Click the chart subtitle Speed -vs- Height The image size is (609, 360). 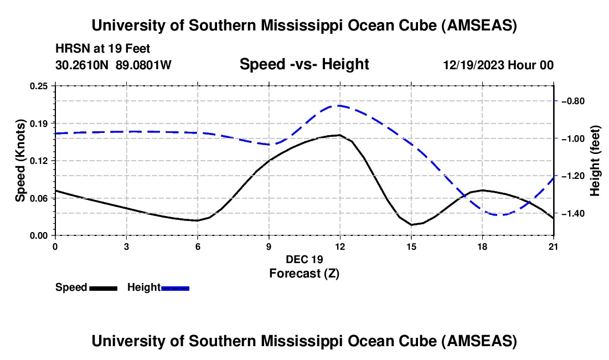click(x=304, y=65)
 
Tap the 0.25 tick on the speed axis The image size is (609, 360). click(x=39, y=86)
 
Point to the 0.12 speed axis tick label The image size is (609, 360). click(x=39, y=161)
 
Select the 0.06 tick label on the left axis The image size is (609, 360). click(x=39, y=198)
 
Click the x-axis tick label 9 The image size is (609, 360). click(x=269, y=246)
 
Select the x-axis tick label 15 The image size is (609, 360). click(x=411, y=246)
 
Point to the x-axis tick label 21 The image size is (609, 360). click(x=554, y=246)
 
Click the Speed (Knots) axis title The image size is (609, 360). click(x=20, y=161)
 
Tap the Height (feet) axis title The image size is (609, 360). click(x=595, y=161)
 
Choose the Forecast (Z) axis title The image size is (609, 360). click(x=303, y=273)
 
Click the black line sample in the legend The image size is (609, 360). click(x=103, y=288)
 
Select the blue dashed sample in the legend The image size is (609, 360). click(x=176, y=288)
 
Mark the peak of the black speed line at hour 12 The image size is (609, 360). click(x=339, y=135)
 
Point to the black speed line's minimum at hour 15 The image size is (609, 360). click(x=411, y=224)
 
